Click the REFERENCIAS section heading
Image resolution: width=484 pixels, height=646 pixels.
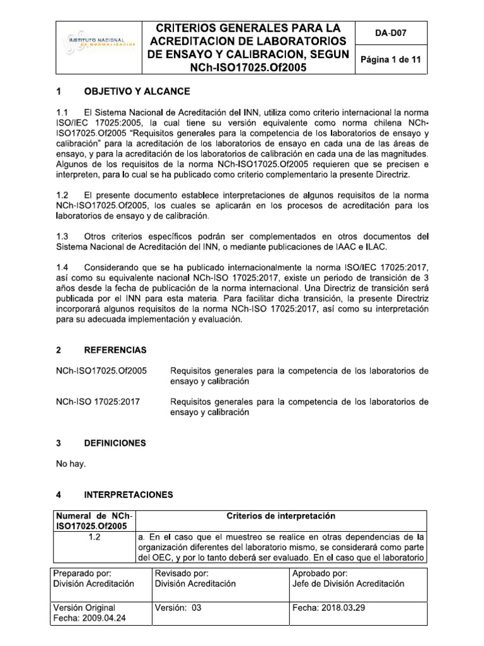coord(115,349)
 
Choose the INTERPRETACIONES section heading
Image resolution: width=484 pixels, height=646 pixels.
coord(129,494)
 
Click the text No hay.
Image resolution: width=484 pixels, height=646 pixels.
coord(71,464)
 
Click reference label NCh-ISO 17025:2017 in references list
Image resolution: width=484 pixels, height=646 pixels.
coord(98,401)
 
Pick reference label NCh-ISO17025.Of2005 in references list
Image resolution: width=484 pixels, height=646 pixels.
coord(101,370)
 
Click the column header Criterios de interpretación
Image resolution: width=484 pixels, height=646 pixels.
coord(281,516)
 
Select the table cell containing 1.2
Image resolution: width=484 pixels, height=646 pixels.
coord(95,537)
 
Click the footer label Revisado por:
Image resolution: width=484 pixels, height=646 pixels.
coord(181,573)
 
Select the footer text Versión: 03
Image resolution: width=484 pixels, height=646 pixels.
coord(178,608)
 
